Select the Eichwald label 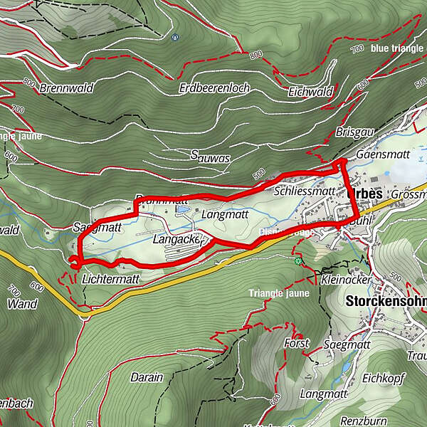[x=310, y=92]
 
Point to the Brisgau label [x=352, y=133]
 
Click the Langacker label [x=178, y=240]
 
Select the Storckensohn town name [x=385, y=301]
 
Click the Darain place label [x=147, y=377]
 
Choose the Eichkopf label [x=383, y=378]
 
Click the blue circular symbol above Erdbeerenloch [x=175, y=37]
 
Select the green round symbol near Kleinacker [x=297, y=261]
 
